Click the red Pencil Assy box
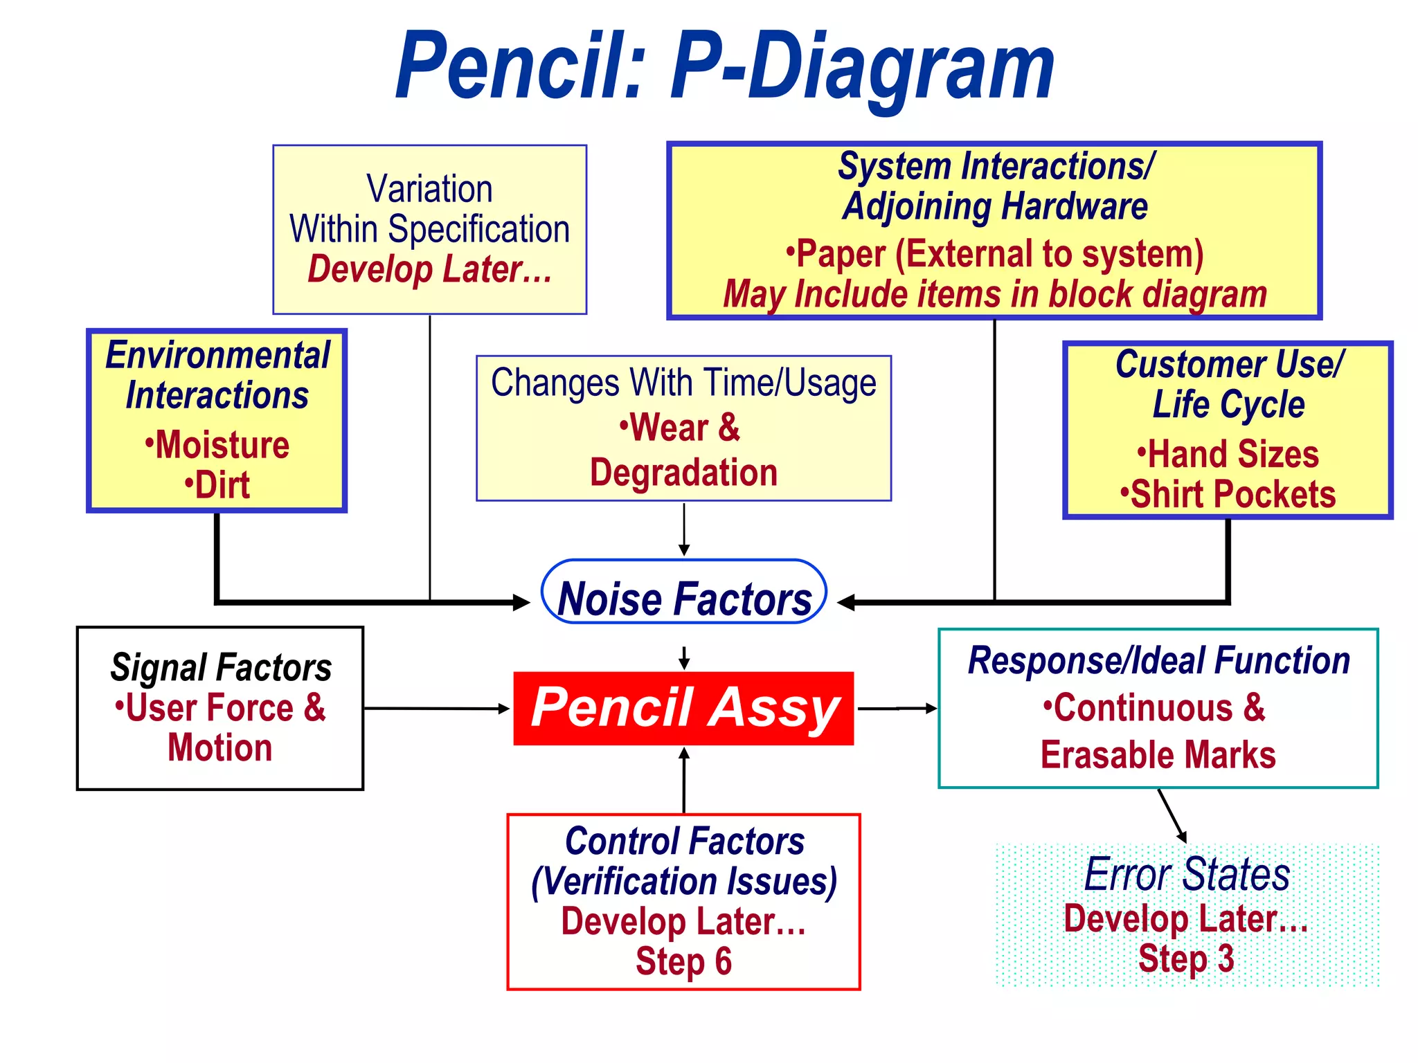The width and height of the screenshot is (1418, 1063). pyautogui.click(x=683, y=708)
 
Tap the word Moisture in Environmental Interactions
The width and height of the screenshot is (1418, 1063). pyautogui.click(x=222, y=445)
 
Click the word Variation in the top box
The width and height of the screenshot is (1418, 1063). pyautogui.click(x=429, y=189)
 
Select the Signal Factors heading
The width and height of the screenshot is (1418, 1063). pyautogui.click(x=221, y=667)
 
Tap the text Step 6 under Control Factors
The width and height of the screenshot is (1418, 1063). pyautogui.click(x=683, y=961)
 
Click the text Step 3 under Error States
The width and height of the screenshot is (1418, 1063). pyautogui.click(x=1186, y=959)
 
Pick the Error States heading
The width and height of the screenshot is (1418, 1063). pyautogui.click(x=1187, y=874)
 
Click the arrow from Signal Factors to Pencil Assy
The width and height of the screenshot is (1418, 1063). pyautogui.click(x=436, y=708)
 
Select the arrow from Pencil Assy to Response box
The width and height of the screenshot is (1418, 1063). pyautogui.click(x=897, y=708)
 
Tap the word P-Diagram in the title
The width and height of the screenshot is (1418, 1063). pyautogui.click(x=862, y=68)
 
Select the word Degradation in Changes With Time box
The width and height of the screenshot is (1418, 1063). pyautogui.click(x=683, y=473)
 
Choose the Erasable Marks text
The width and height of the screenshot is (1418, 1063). pyautogui.click(x=1158, y=755)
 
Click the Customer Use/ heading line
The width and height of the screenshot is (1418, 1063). pyautogui.click(x=1230, y=365)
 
